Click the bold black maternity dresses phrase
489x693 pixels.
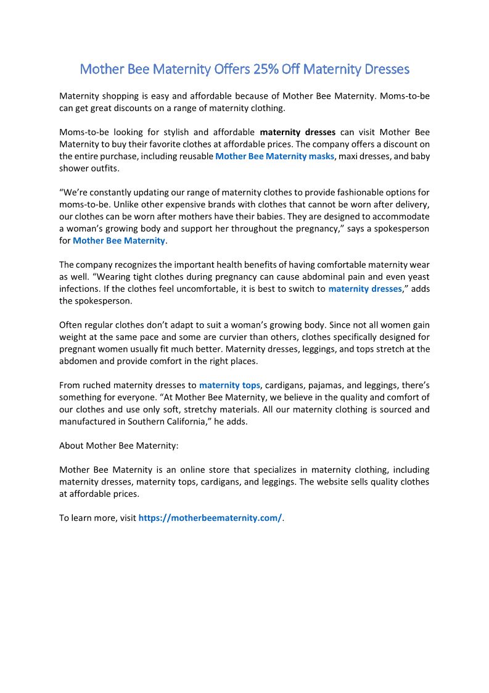click(298, 132)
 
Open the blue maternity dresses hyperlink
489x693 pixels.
click(365, 289)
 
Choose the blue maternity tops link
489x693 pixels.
click(229, 386)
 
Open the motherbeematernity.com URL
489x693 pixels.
click(210, 518)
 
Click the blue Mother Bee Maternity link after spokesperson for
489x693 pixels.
click(119, 241)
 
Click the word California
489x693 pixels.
click(182, 421)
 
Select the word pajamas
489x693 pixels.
click(335, 386)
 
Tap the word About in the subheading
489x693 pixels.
click(72, 446)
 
